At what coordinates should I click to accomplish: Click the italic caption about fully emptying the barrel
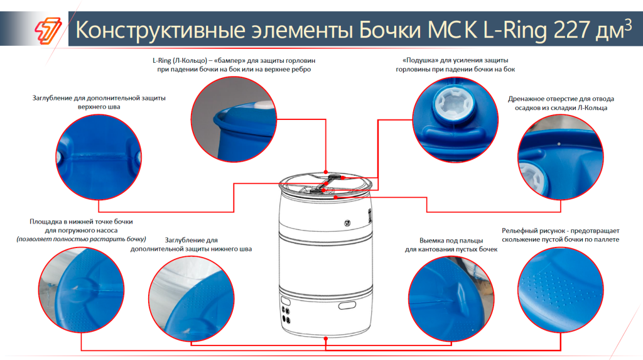click(x=81, y=239)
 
